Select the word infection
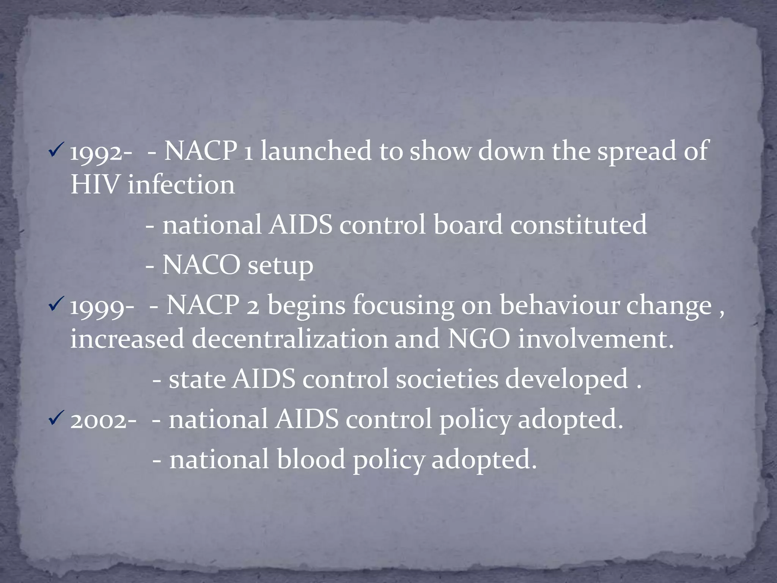[181, 185]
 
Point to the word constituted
[578, 225]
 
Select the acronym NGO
[479, 339]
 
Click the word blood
[311, 459]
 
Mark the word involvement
[595, 339]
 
